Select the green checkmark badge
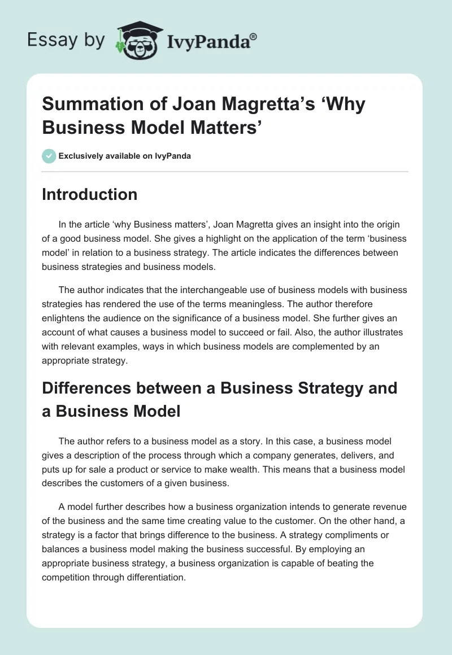click(x=49, y=156)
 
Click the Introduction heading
click(x=90, y=194)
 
